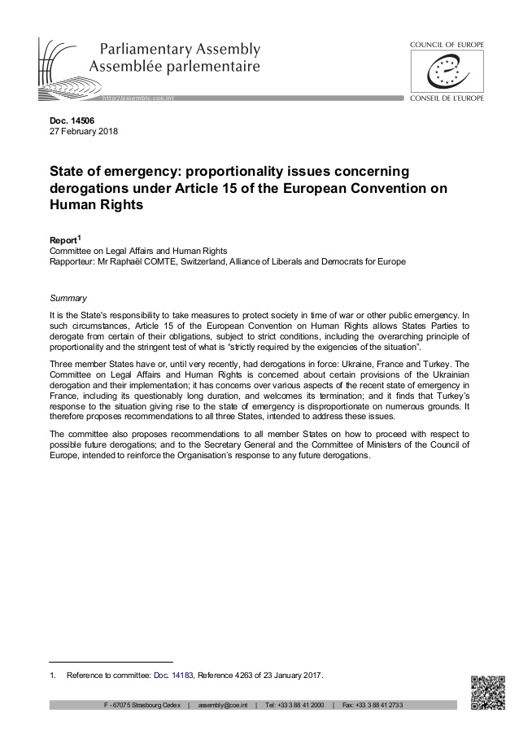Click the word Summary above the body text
pos(69,299)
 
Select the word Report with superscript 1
pos(66,242)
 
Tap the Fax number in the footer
pos(371,704)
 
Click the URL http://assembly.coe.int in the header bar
pos(139,98)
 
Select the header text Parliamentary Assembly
pos(176,49)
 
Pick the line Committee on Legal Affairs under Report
pos(138,252)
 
